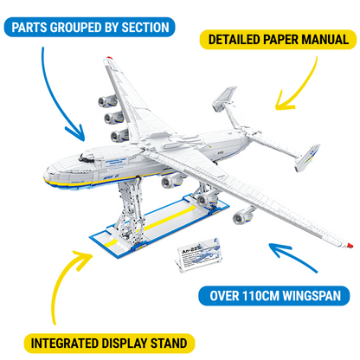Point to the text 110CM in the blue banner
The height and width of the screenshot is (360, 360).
[263, 296]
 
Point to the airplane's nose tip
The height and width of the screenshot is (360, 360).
[59, 171]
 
